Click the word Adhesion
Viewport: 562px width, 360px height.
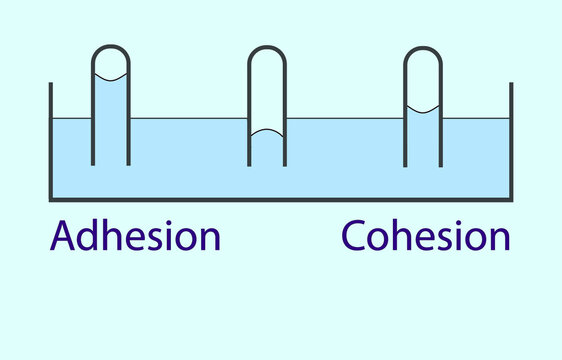pos(136,237)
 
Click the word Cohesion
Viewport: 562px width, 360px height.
pos(426,237)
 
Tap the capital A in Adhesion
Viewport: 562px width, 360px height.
pos(64,237)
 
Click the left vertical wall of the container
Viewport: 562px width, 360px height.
pos(50,140)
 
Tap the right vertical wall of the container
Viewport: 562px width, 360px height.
pos(511,140)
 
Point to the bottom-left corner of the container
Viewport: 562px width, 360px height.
pos(51,198)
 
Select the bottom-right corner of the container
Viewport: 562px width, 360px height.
pos(510,198)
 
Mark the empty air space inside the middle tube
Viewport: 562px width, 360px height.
pos(267,90)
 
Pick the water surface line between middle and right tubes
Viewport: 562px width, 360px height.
pos(345,119)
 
